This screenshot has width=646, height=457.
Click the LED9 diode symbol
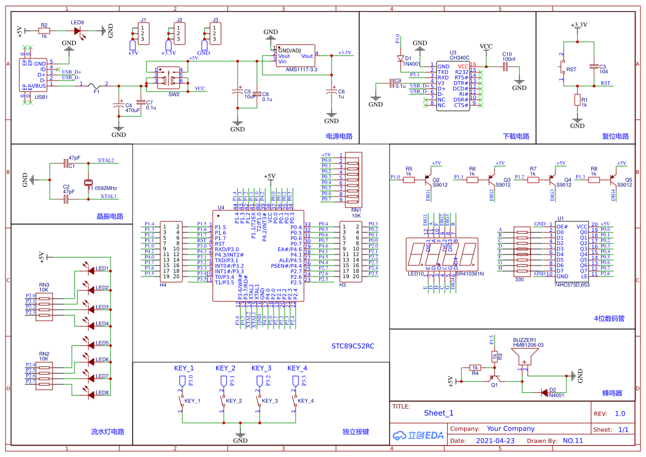point(77,32)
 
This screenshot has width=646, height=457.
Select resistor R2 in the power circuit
point(44,32)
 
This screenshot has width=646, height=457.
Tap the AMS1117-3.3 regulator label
point(301,70)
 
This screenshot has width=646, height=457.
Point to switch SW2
point(169,77)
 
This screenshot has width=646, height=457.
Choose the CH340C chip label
point(459,57)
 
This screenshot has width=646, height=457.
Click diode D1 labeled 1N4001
point(401,57)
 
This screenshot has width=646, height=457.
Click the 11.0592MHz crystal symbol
point(87,183)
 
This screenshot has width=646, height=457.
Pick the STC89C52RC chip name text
point(353,346)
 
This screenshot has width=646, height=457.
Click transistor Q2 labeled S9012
point(429,179)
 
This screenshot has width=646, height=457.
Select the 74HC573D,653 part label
point(571,285)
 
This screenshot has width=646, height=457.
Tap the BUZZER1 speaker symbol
point(524,359)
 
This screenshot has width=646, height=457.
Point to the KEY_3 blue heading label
point(261,368)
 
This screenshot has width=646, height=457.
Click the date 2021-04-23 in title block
point(495,440)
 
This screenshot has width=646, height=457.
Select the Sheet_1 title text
point(439,413)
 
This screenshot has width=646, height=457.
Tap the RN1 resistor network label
point(356,210)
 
